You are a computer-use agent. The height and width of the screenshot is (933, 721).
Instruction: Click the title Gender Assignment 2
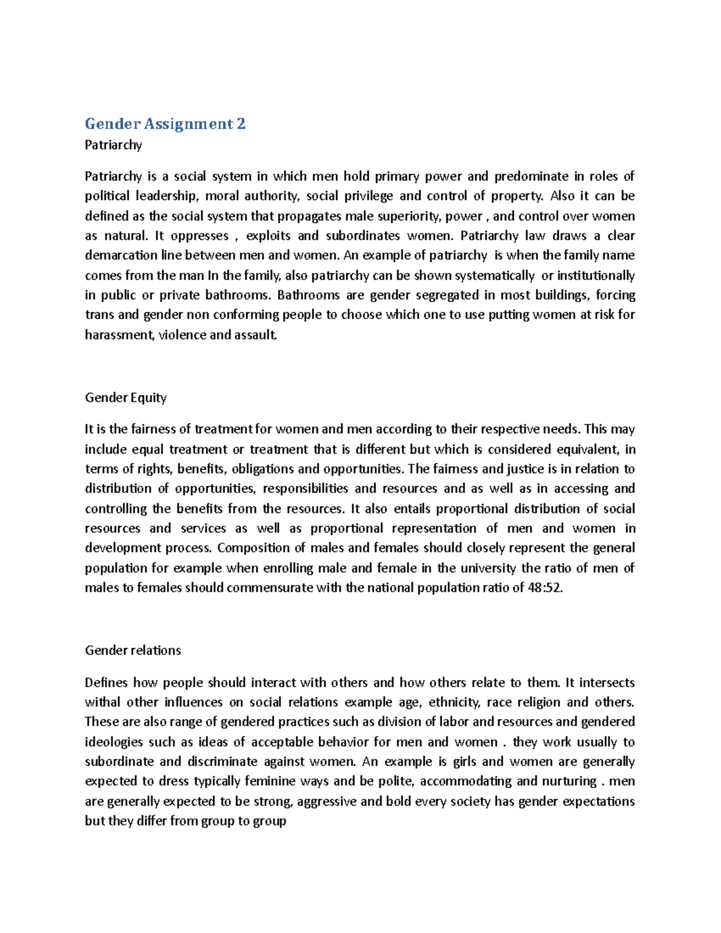(165, 124)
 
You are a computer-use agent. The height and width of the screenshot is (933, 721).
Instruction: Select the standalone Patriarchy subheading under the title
(114, 145)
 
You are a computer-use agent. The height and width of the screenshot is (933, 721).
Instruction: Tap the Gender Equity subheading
(126, 398)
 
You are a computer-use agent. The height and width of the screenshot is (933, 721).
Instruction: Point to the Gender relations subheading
(133, 650)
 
